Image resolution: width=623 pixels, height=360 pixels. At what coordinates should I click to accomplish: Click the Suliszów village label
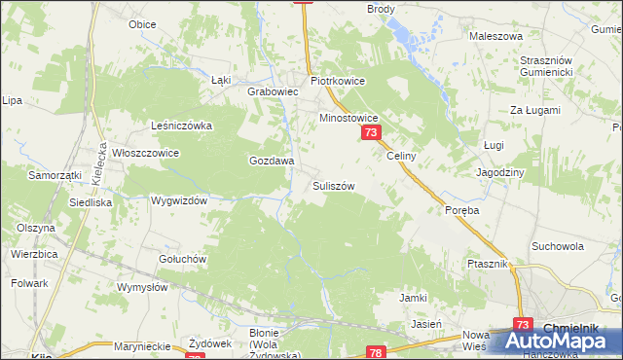pyautogui.click(x=333, y=185)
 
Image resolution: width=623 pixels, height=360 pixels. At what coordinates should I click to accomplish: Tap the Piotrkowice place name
pyautogui.click(x=337, y=82)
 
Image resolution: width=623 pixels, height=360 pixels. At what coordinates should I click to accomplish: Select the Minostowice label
pyautogui.click(x=349, y=118)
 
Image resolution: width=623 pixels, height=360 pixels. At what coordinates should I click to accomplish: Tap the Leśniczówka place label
pyautogui.click(x=181, y=126)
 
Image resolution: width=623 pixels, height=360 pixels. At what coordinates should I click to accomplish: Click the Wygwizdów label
pyautogui.click(x=180, y=200)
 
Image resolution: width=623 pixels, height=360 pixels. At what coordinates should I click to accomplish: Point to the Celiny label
pyautogui.click(x=401, y=156)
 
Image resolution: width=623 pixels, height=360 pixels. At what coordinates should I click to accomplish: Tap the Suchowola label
pyautogui.click(x=558, y=246)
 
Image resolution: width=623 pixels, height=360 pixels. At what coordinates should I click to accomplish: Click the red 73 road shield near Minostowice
pyautogui.click(x=370, y=132)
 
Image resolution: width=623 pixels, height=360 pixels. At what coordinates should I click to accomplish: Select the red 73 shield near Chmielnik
pyautogui.click(x=524, y=326)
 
